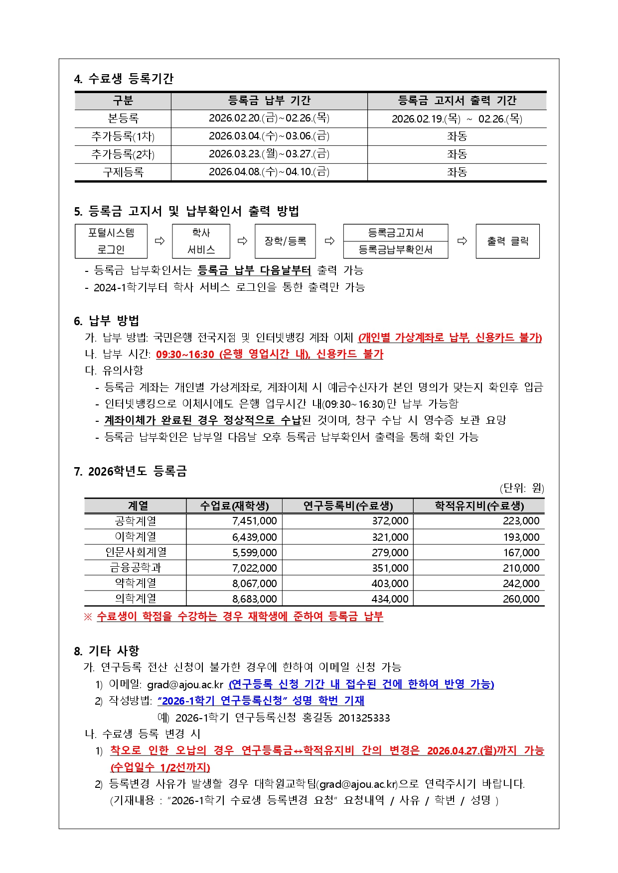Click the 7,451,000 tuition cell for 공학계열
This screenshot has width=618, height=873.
point(254,521)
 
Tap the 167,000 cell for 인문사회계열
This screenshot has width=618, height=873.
point(521,552)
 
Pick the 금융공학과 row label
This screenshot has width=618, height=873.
point(136,568)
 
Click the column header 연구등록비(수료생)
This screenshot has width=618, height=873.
point(348,506)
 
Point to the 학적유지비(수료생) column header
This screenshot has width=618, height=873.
point(479,506)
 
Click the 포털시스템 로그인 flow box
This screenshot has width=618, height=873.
point(111,241)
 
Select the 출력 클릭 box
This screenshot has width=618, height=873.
point(507,241)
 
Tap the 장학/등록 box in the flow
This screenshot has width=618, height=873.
point(285,241)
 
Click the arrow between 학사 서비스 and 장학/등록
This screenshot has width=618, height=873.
point(242,241)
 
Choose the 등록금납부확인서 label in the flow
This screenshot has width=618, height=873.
point(395,249)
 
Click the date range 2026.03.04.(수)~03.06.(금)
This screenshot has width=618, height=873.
point(269,136)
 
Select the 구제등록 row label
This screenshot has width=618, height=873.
point(123,172)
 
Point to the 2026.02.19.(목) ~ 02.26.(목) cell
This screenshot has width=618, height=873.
point(457,119)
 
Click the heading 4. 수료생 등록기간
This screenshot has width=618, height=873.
point(124,79)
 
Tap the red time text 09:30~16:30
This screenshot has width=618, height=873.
point(185,354)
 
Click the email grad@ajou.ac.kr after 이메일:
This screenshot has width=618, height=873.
point(185,685)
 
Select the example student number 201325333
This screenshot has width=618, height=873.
point(364,718)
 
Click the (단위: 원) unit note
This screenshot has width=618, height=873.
point(521,488)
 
